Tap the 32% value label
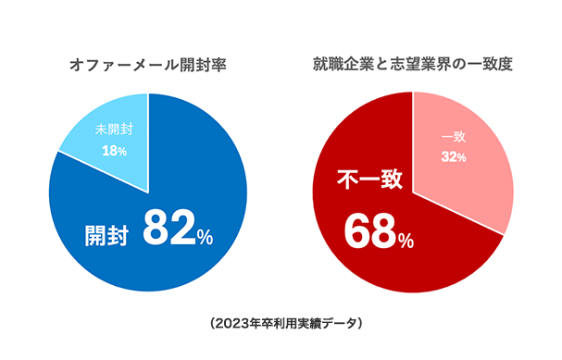point(453,156)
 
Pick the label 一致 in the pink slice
point(453,137)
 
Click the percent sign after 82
point(205,238)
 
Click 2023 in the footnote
point(230,323)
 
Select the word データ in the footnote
point(337,323)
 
